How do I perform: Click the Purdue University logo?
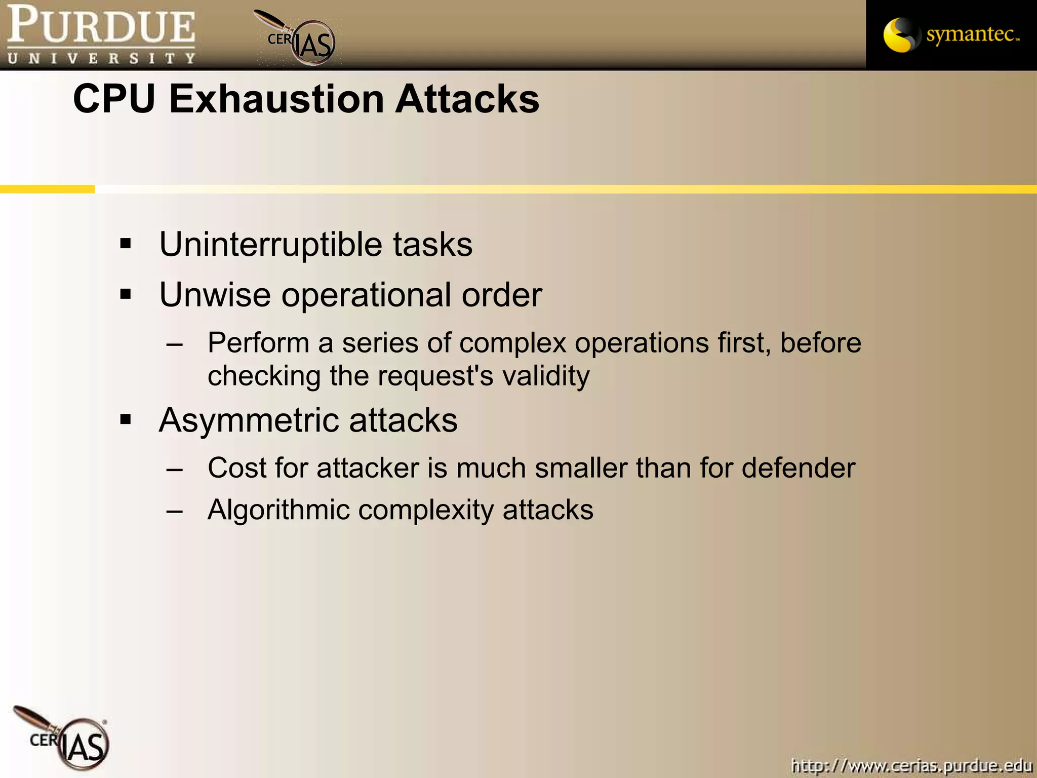point(101,34)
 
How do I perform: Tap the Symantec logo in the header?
point(951,34)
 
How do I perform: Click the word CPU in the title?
point(114,99)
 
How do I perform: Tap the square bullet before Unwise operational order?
point(126,294)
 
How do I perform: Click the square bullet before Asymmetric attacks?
point(126,419)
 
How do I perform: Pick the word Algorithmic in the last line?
point(278,510)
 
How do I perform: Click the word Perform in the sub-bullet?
point(258,343)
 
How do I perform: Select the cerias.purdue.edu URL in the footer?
point(911,765)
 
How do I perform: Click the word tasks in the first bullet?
point(432,245)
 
